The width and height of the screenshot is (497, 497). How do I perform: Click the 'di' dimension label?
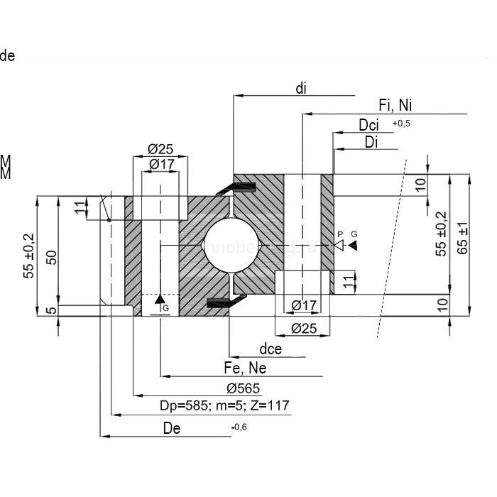(301, 88)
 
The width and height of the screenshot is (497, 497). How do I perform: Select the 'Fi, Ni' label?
(395, 106)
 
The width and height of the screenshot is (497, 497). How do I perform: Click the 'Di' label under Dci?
(371, 142)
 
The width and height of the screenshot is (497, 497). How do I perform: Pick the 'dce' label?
(271, 349)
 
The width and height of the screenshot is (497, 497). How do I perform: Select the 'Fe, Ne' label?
(245, 368)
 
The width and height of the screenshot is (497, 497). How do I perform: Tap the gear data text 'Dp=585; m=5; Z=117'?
(225, 405)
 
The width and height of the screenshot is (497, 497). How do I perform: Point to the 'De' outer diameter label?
(172, 427)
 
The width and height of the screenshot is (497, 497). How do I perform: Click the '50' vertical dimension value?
(50, 256)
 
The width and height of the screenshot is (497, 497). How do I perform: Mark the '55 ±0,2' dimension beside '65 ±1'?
(441, 233)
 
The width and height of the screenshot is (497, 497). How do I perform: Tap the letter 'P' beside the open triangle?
(340, 234)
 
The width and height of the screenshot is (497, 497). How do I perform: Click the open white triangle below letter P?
(340, 245)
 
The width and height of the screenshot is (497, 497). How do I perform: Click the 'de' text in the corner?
(8, 56)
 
